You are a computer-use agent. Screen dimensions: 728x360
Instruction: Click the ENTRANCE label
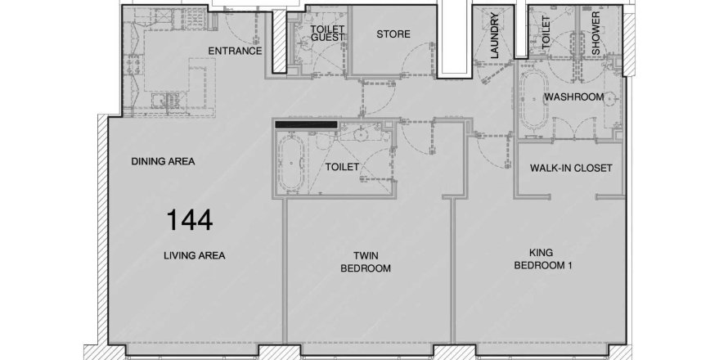click(x=235, y=51)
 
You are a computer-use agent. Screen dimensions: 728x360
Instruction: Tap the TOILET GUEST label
click(x=327, y=33)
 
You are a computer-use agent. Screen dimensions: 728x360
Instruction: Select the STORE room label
click(x=393, y=34)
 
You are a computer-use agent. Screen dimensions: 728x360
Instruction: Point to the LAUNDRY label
click(x=494, y=36)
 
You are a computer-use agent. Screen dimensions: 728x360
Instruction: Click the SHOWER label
click(x=595, y=33)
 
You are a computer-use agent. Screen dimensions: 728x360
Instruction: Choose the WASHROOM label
click(x=574, y=97)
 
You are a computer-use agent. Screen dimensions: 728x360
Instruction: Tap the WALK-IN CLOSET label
click(x=571, y=169)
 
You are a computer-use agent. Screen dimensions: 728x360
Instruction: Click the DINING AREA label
click(x=163, y=162)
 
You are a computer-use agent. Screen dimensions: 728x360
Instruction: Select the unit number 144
click(x=190, y=220)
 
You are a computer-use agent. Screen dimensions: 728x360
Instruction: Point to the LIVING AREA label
click(x=195, y=255)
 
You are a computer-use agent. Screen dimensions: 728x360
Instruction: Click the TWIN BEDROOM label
click(x=366, y=262)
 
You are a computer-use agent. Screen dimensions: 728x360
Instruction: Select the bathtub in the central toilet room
click(x=291, y=164)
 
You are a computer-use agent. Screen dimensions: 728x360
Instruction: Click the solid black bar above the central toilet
click(x=306, y=124)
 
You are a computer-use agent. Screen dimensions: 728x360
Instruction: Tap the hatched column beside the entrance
click(x=280, y=41)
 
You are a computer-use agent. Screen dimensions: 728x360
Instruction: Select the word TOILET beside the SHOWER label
click(x=546, y=32)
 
